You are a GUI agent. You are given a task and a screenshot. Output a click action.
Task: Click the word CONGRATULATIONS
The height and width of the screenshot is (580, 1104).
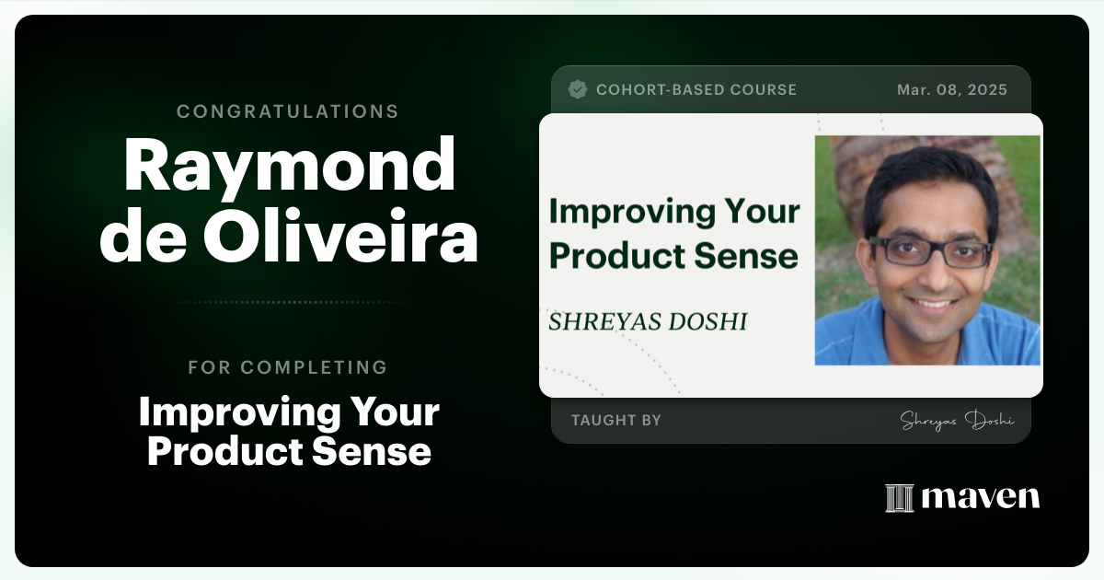[287, 111]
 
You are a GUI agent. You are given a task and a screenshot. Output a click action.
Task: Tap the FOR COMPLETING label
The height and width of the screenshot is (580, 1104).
[287, 367]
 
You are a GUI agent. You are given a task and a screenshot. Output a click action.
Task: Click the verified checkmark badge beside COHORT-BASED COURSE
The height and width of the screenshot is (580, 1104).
[578, 89]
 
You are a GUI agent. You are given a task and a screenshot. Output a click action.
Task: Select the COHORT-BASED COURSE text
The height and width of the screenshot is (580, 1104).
[696, 89]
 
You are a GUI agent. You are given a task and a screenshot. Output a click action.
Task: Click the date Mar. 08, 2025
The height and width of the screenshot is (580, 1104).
[951, 89]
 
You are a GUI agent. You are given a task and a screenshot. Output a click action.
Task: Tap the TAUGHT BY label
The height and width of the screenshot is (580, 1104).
[615, 420]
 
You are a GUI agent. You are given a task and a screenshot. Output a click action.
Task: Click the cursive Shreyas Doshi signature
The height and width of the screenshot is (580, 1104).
[956, 420]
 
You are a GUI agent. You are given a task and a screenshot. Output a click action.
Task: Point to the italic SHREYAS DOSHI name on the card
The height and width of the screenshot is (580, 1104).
[647, 321]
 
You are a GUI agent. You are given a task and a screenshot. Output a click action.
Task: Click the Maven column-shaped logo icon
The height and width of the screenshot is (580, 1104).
[898, 497]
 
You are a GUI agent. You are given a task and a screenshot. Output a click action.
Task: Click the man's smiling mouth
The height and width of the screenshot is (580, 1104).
[934, 302]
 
